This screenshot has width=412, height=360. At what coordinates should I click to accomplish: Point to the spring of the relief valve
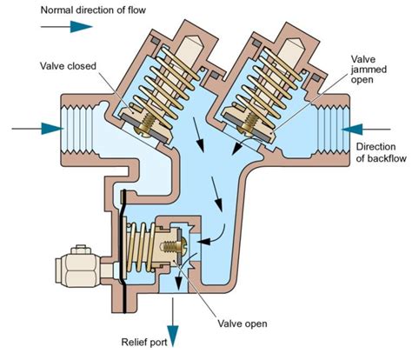pyautogui.click(x=149, y=244)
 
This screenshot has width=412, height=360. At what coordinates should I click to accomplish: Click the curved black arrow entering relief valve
pyautogui.click(x=217, y=234)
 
